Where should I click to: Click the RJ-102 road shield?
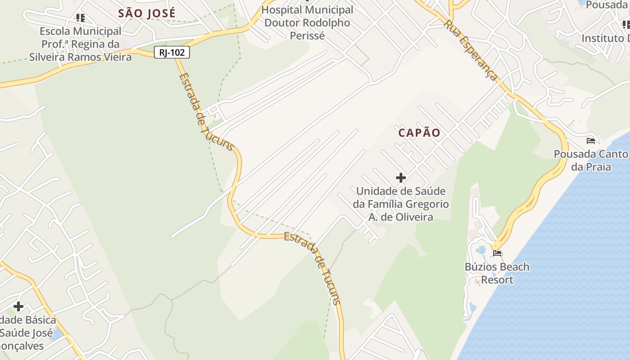(172, 52)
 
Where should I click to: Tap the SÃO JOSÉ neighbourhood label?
(147, 13)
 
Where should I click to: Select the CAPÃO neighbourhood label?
(419, 133)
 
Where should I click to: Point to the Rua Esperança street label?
(471, 50)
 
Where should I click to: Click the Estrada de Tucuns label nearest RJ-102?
(206, 112)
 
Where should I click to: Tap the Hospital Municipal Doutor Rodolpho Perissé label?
(307, 22)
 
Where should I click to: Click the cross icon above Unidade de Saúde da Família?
(400, 177)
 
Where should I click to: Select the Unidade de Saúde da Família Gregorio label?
(400, 204)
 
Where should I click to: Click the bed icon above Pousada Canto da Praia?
(591, 141)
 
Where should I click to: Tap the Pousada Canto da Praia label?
(591, 161)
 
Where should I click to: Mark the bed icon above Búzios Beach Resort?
(497, 253)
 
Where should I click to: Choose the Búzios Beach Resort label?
(497, 273)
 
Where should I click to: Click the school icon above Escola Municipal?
(80, 18)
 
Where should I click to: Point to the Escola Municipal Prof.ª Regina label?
(81, 44)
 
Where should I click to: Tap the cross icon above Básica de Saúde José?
(18, 306)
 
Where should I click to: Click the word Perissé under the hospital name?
(307, 36)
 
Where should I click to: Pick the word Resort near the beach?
(497, 280)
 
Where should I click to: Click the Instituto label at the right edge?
(606, 39)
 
